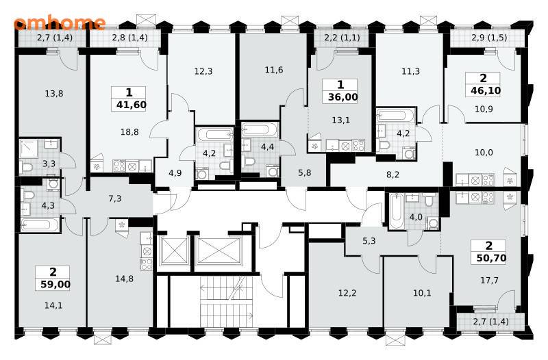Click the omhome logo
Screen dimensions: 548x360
point(60,23)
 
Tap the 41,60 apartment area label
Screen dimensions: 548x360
point(132,105)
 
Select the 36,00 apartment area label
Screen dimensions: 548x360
point(343,97)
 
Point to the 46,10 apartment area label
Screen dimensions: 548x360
point(486,90)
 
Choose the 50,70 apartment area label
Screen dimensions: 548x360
point(491,258)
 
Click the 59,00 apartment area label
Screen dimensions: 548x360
point(55,284)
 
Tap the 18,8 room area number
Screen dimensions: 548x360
point(129,132)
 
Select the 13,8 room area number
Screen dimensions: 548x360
point(54,94)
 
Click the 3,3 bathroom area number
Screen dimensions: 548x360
point(49,164)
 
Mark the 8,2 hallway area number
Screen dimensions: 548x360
point(393,175)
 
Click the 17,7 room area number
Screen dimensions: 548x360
point(489,280)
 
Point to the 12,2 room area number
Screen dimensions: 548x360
point(347,293)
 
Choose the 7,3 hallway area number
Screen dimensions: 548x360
point(115,198)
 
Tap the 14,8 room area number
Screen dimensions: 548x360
point(125,279)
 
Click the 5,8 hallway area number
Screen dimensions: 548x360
point(305,172)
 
